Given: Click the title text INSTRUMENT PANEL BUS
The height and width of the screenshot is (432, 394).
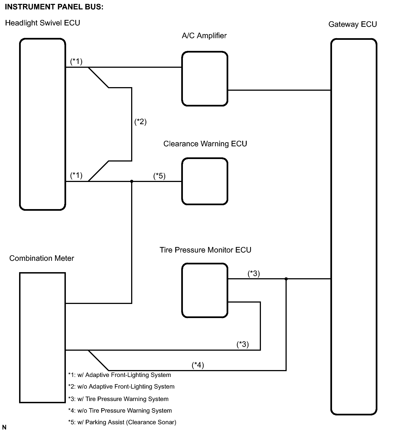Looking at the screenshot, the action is pyautogui.click(x=54, y=7).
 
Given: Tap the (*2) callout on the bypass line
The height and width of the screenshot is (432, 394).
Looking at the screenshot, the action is pyautogui.click(x=140, y=122).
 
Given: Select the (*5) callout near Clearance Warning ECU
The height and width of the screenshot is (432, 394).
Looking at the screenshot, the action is pyautogui.click(x=159, y=176).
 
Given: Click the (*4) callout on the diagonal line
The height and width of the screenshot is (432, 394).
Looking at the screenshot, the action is pyautogui.click(x=198, y=365).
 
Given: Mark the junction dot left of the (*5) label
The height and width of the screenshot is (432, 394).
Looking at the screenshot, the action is pyautogui.click(x=132, y=181).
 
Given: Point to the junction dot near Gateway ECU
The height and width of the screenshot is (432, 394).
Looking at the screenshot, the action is pyautogui.click(x=286, y=279).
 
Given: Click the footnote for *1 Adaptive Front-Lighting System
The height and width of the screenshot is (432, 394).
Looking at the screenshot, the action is pyautogui.click(x=120, y=375).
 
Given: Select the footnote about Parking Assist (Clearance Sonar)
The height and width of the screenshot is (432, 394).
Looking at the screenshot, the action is pyautogui.click(x=122, y=422).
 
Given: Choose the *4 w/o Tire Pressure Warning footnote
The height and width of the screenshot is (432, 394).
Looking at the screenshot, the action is pyautogui.click(x=120, y=411).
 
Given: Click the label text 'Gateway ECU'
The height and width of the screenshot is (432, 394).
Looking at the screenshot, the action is pyautogui.click(x=352, y=24).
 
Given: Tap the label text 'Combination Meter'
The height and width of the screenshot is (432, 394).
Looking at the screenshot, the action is pyautogui.click(x=42, y=258).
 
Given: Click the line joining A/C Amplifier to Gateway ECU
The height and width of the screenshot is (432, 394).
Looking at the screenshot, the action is pyautogui.click(x=279, y=90).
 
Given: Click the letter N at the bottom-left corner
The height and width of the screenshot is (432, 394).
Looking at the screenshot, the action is pyautogui.click(x=4, y=428).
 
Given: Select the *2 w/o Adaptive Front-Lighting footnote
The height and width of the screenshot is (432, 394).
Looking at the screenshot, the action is pyautogui.click(x=121, y=387).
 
